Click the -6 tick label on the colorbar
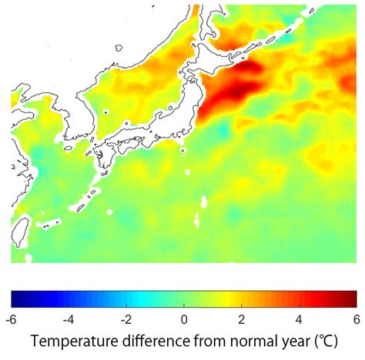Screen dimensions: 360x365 (11, 318)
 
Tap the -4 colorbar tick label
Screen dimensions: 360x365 (69, 318)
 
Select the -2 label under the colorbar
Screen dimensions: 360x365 (126, 318)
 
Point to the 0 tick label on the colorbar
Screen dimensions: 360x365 (184, 318)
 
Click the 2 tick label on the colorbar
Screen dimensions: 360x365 (242, 318)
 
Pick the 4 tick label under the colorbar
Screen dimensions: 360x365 (299, 318)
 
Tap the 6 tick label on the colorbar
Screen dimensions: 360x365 (356, 318)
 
